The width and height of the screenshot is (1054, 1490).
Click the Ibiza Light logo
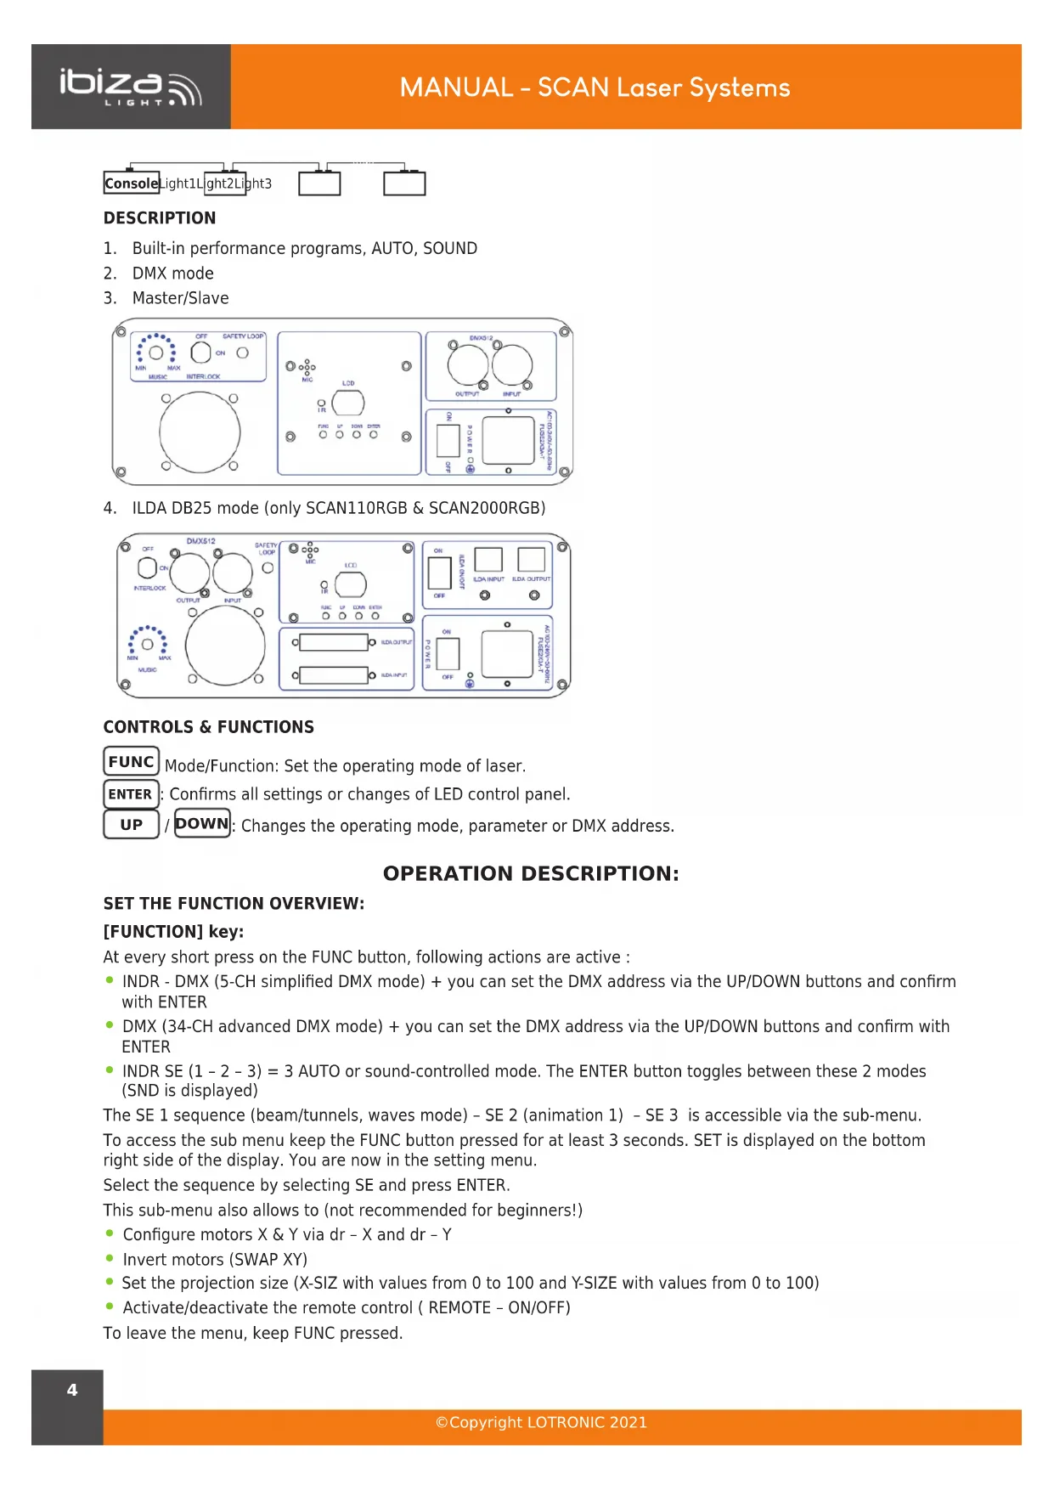[130, 87]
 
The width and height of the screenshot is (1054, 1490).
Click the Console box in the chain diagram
[132, 183]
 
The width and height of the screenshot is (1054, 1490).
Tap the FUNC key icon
[131, 761]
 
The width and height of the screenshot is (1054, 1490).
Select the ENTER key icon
[131, 794]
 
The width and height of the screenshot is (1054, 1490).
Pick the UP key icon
[131, 824]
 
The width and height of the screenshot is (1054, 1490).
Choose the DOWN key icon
[202, 823]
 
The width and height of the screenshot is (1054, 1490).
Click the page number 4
[72, 1391]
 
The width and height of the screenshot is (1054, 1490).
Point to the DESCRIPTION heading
[160, 218]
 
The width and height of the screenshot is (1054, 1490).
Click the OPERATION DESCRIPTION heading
[531, 873]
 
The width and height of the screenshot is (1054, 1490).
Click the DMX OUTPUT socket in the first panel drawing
[468, 366]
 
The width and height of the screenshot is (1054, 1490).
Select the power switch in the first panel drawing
[448, 440]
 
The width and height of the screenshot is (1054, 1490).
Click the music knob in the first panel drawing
[156, 353]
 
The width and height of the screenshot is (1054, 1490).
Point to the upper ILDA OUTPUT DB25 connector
[334, 643]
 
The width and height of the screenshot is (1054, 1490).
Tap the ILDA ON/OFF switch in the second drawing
[439, 573]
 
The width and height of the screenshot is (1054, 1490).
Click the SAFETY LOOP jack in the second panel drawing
[268, 567]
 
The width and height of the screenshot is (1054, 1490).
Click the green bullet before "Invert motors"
[110, 1258]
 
